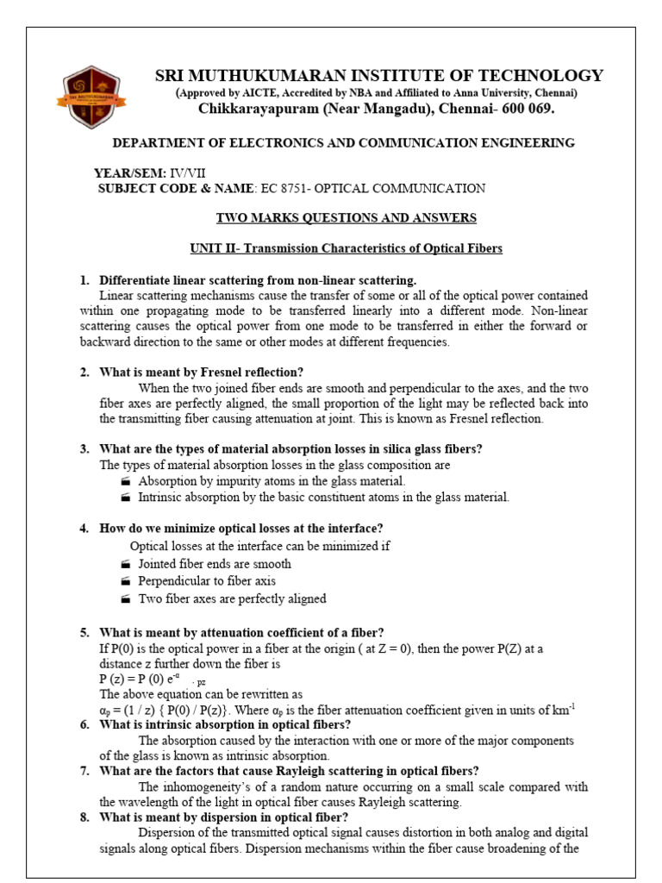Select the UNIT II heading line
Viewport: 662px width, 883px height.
pyautogui.click(x=346, y=248)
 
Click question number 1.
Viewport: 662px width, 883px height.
pyautogui.click(x=84, y=280)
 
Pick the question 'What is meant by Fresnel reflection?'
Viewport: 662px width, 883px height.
pyautogui.click(x=202, y=372)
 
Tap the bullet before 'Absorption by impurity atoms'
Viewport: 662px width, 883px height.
pyautogui.click(x=126, y=481)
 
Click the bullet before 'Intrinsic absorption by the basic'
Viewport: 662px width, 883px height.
pyautogui.click(x=126, y=498)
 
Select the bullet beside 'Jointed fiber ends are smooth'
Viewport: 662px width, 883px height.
pyautogui.click(x=126, y=564)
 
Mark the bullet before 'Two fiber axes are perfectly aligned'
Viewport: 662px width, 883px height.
pyautogui.click(x=126, y=599)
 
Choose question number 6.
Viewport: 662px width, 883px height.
pyautogui.click(x=84, y=724)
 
